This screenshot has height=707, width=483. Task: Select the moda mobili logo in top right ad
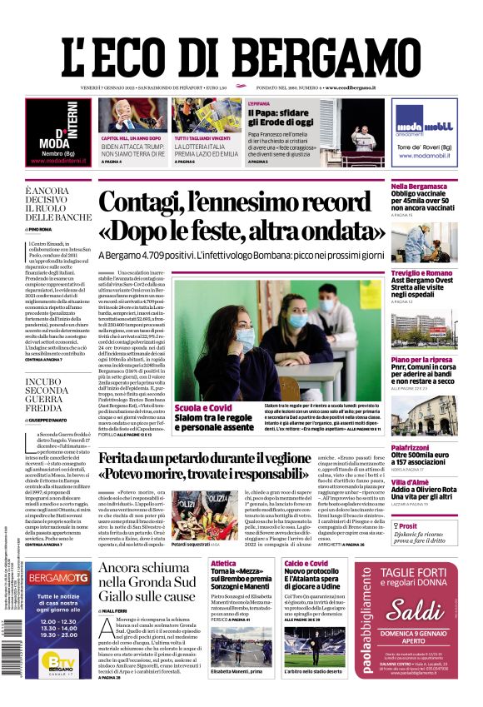pyautogui.click(x=425, y=125)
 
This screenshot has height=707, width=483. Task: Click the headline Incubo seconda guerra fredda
pyautogui.click(x=50, y=396)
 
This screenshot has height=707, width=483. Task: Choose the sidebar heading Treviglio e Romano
pyautogui.click(x=423, y=273)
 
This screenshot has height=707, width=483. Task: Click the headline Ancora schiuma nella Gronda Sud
pyautogui.click(x=147, y=581)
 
